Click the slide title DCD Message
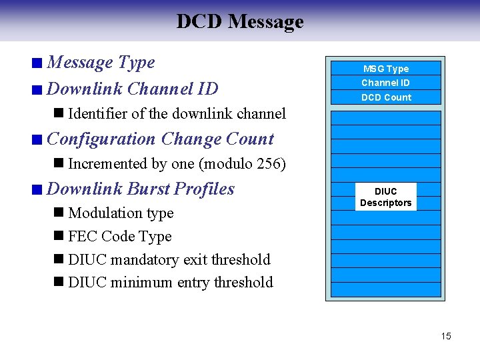pos(239,21)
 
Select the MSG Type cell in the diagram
pos(385,69)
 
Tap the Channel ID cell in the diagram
pos(385,83)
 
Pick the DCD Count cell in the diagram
pos(386,97)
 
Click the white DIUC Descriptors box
pos(385,197)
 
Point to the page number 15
pos(445,336)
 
